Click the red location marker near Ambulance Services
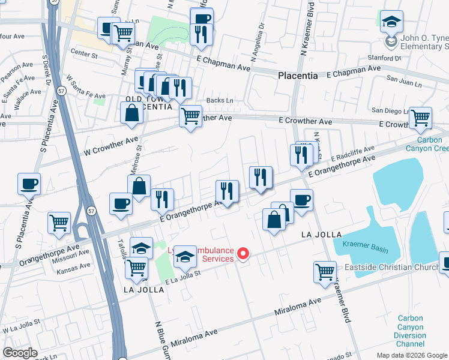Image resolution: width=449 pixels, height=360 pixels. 243,254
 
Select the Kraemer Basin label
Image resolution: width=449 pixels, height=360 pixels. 364,245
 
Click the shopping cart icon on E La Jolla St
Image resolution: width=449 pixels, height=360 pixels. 137,267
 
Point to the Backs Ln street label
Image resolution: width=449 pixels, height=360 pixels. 219,101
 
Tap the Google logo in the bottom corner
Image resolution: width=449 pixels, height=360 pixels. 20,353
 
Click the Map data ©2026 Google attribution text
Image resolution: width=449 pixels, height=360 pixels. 412,355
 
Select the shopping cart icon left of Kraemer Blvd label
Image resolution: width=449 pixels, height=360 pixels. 325,272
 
